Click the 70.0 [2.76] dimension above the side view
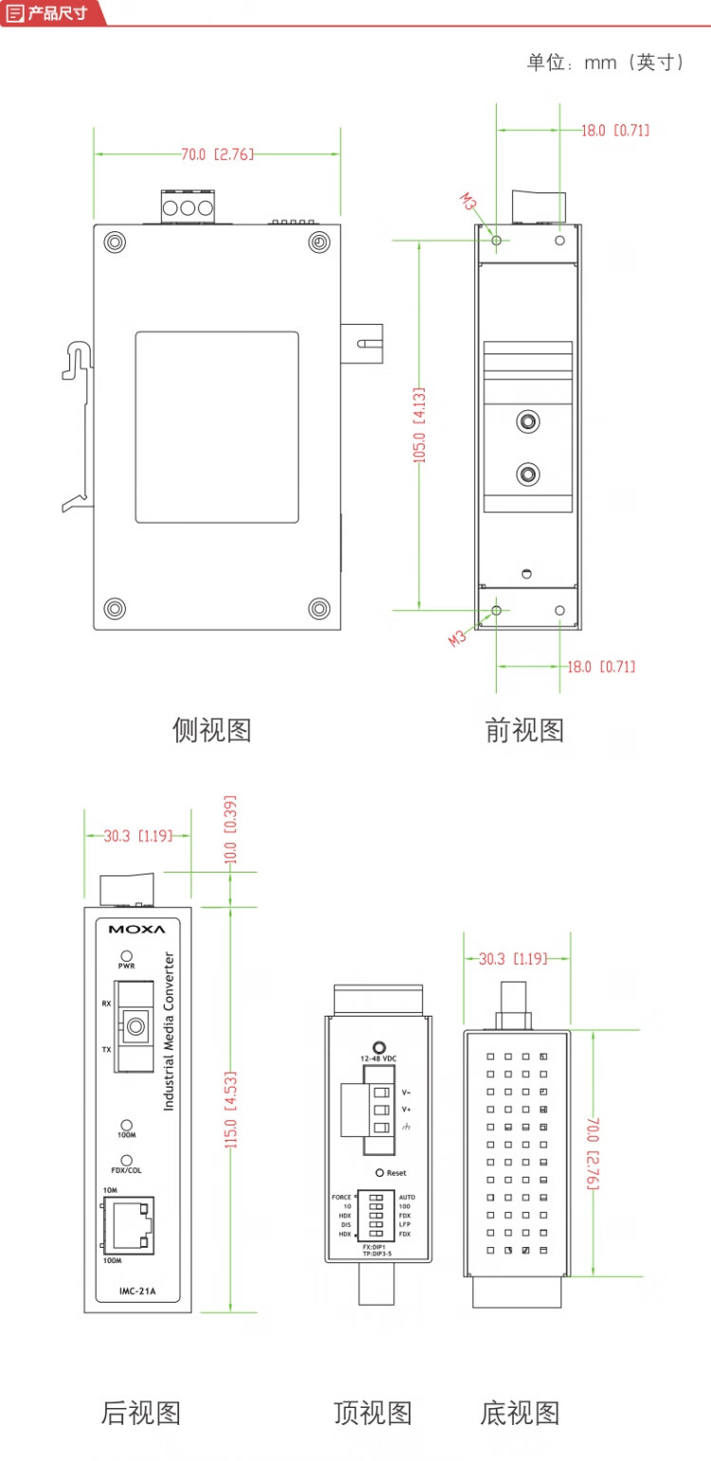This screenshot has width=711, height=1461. tap(217, 154)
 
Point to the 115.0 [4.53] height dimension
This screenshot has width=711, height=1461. tap(229, 1109)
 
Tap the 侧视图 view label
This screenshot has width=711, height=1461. tap(211, 730)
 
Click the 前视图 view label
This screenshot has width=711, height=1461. tap(524, 730)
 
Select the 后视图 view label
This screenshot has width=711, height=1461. tap(140, 1413)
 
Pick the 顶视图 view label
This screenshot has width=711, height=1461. tap(373, 1413)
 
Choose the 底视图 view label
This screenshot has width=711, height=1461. tap(520, 1413)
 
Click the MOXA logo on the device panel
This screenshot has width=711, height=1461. tap(137, 929)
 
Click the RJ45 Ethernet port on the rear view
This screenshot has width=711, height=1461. tap(126, 1224)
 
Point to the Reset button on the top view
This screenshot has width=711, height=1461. tap(379, 1172)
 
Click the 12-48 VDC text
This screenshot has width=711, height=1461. tap(378, 1056)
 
